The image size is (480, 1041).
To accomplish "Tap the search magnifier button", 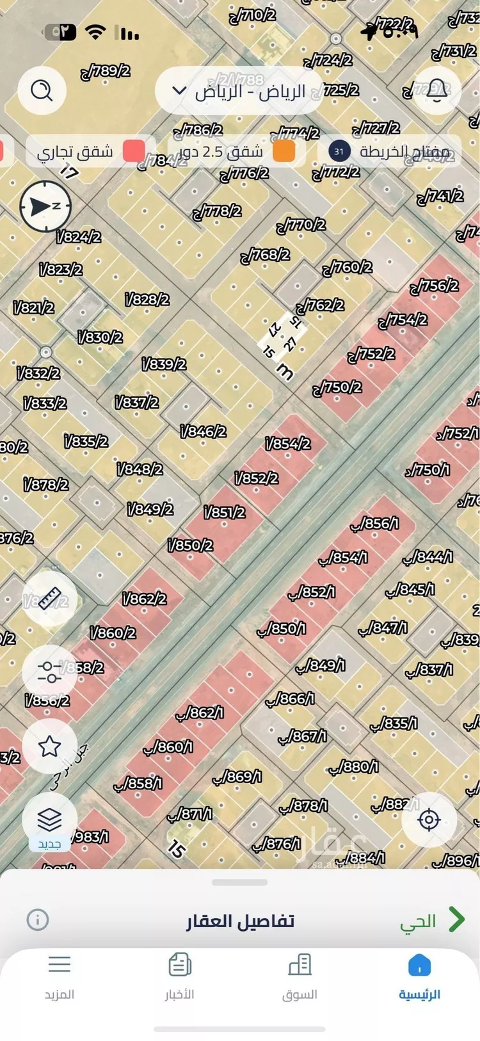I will tap(42, 90).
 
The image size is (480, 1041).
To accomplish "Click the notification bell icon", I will tap(437, 90).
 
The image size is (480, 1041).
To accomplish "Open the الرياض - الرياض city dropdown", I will tap(239, 91).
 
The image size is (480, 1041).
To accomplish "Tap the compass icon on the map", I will tap(45, 206).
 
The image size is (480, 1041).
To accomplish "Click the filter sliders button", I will tap(49, 672).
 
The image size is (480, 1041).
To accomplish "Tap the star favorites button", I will tap(49, 746).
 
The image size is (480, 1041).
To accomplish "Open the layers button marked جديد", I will tap(49, 819).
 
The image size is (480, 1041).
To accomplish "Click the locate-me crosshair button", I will tap(429, 819).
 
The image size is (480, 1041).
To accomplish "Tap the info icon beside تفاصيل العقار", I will tap(38, 920).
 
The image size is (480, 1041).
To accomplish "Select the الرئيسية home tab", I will tap(419, 975).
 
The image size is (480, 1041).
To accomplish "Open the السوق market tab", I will tap(300, 975).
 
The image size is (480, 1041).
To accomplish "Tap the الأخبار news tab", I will tap(180, 975).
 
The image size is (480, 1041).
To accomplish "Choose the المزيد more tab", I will tap(60, 975).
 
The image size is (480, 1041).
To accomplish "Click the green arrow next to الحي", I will tap(456, 919).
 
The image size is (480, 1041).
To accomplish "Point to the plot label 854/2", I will tap(288, 443).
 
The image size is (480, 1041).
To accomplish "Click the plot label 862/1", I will tap(200, 712).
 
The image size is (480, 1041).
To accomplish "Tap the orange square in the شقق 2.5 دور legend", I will tap(284, 151).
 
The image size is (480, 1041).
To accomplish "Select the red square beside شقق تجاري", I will tap(134, 151).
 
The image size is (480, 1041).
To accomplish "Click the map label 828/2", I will tap(148, 299).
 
